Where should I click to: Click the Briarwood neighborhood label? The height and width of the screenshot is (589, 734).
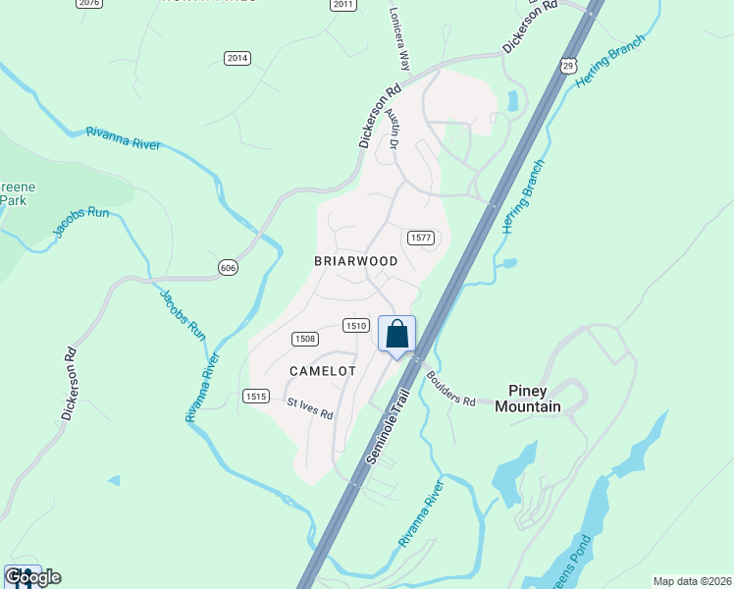tap(355, 261)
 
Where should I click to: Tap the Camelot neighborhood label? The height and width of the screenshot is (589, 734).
tap(323, 370)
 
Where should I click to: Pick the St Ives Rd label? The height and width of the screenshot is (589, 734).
tap(310, 407)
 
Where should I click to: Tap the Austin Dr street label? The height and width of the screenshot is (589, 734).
tap(394, 130)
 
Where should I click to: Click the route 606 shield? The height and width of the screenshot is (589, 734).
tap(228, 267)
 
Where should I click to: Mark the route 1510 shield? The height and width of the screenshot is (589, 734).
tap(355, 325)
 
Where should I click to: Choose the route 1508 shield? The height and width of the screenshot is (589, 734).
tap(304, 339)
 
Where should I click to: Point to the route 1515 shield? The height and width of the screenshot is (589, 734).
tap(255, 396)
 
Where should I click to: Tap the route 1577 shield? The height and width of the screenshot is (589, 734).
tap(420, 238)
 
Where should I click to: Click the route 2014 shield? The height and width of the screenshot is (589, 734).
tap(236, 58)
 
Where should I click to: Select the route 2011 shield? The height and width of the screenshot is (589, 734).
tap(341, 4)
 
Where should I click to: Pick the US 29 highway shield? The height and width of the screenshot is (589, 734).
tap(568, 65)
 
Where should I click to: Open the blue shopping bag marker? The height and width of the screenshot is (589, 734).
tap(397, 334)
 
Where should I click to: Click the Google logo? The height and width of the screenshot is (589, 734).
tap(33, 577)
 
